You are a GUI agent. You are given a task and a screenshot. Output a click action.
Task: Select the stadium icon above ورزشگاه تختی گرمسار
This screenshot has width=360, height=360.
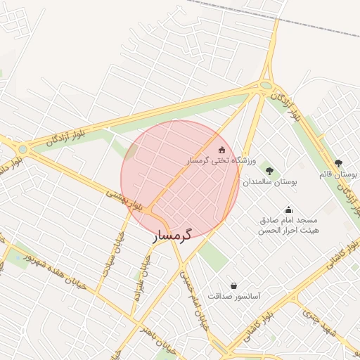tap(222, 149)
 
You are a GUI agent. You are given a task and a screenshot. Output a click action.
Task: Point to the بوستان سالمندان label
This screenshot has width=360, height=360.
tap(271, 181)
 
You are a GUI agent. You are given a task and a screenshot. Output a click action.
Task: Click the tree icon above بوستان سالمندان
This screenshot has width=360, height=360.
tap(269, 170)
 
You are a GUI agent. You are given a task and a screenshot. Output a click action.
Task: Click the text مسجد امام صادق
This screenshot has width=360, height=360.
tap(288, 220)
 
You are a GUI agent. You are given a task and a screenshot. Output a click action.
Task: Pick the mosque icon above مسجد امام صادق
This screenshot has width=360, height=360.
tap(288, 210)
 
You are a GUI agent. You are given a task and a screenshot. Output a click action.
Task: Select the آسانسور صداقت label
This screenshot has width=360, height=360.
tap(234, 296)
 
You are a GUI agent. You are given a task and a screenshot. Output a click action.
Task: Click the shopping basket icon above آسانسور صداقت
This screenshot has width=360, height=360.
tap(233, 285)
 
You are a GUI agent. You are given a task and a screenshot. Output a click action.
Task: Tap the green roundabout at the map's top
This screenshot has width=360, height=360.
tap(266, 86)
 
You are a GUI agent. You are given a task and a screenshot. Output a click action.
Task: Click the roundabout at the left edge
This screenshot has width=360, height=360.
tap(23, 148)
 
